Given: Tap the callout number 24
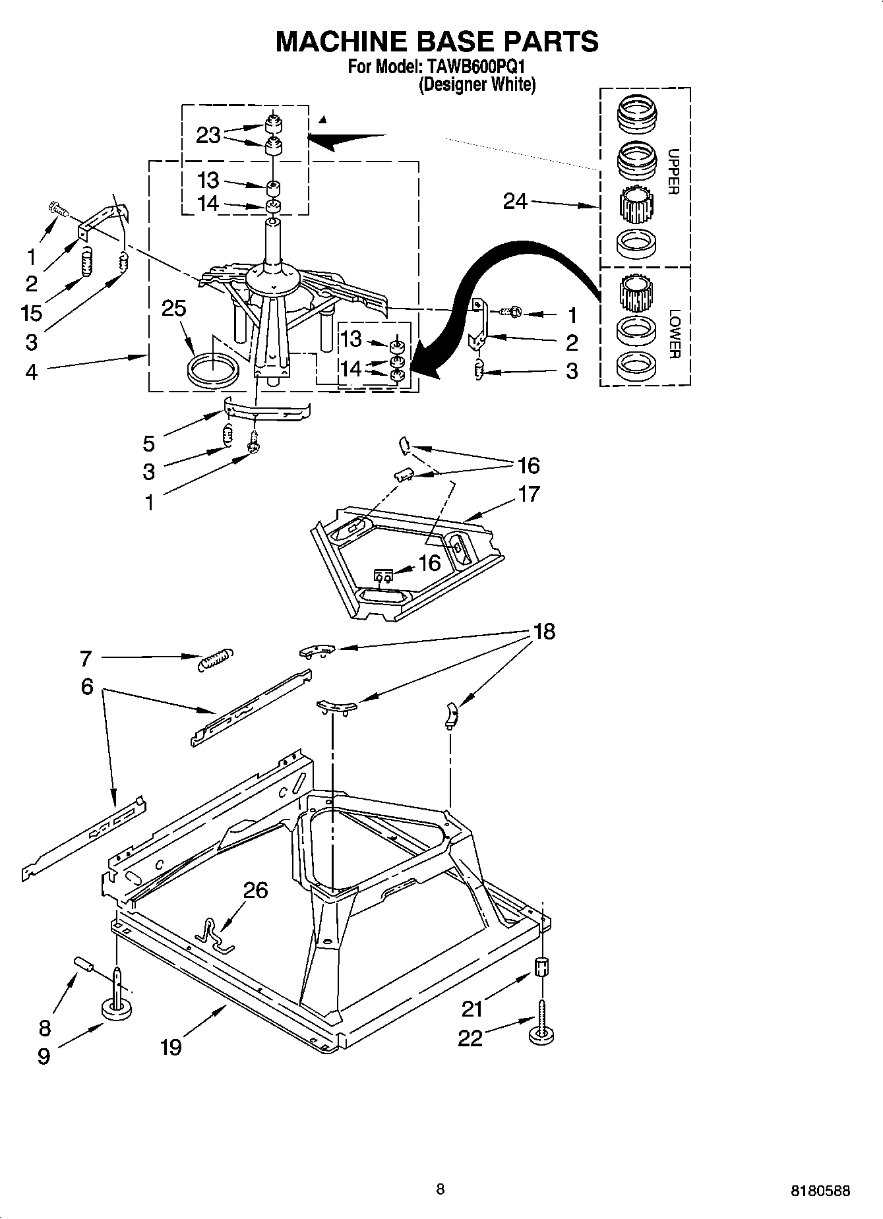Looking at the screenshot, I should pyautogui.click(x=515, y=201).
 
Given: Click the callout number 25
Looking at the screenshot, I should pyautogui.click(x=174, y=309).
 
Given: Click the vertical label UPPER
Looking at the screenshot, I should pyautogui.click(x=673, y=172).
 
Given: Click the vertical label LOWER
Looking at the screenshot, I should pyautogui.click(x=673, y=334).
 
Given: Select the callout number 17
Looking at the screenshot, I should pyautogui.click(x=529, y=494).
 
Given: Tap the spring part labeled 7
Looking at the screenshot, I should pyautogui.click(x=215, y=659).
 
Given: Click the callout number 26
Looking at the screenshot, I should pyautogui.click(x=255, y=890).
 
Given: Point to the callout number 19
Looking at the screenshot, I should pyautogui.click(x=171, y=1046).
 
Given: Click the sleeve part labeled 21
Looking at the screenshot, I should pyautogui.click(x=541, y=968).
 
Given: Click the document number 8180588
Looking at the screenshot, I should pyautogui.click(x=820, y=1191).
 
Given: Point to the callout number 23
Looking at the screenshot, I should pyautogui.click(x=208, y=135).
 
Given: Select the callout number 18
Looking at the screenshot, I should pyautogui.click(x=544, y=632).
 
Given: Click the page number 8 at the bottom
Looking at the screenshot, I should pyautogui.click(x=440, y=1189).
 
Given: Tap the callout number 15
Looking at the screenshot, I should pyautogui.click(x=32, y=312).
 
